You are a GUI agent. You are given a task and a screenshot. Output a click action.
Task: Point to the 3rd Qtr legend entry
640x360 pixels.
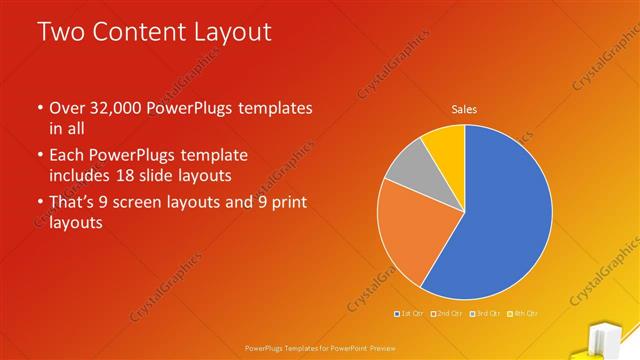pyautogui.click(x=485, y=313)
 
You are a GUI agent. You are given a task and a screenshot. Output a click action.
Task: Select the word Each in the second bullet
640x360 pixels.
pyautogui.click(x=68, y=155)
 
